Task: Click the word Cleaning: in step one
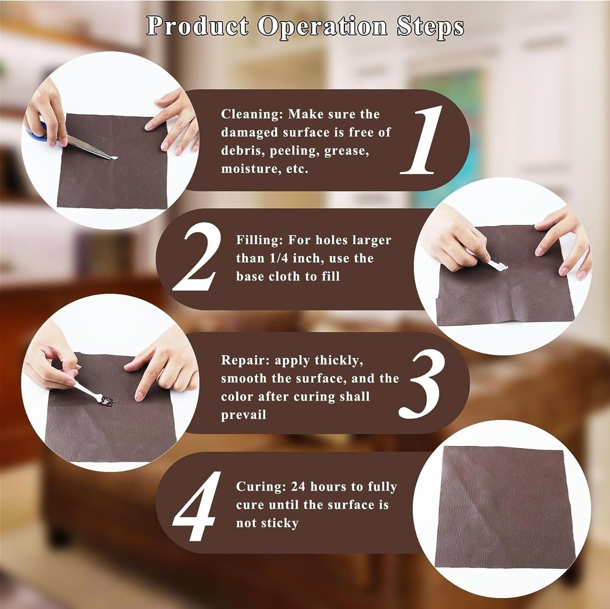click(252, 114)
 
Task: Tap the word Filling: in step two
click(260, 240)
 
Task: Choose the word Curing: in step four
click(261, 486)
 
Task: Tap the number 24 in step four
click(298, 486)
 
